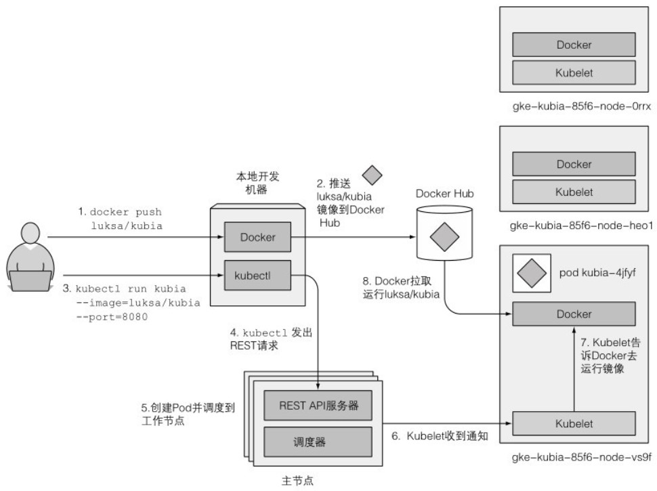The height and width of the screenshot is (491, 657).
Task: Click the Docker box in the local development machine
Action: [257, 238]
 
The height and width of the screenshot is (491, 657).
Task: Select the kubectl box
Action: [257, 276]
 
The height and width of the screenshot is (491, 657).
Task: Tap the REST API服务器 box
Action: [318, 406]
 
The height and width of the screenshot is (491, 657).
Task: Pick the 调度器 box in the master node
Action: [318, 442]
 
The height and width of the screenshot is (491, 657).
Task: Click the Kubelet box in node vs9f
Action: [574, 423]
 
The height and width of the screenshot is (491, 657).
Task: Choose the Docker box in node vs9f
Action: [574, 314]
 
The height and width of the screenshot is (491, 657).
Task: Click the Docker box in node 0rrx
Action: [574, 45]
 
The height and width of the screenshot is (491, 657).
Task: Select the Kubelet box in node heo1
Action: [574, 192]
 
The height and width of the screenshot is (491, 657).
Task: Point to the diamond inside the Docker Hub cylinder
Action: [446, 237]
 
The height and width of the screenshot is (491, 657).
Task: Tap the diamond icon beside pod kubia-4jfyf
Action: [531, 274]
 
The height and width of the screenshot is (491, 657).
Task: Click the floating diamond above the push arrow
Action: [373, 175]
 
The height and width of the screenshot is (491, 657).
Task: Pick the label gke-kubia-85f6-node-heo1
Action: [582, 226]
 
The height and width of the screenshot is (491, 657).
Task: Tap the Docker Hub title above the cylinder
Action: [444, 194]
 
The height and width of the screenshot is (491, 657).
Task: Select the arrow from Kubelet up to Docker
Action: [574, 368]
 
